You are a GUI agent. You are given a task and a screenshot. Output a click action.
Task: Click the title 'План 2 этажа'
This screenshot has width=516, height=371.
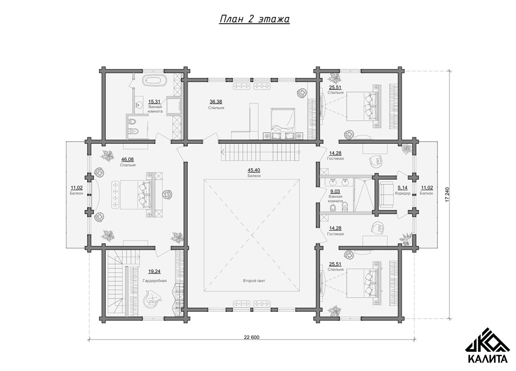click(x=254, y=19)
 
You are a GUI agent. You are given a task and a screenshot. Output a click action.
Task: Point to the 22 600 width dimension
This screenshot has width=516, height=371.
click(x=251, y=337)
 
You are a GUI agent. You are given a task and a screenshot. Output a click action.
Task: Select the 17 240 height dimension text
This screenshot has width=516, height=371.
click(x=447, y=194)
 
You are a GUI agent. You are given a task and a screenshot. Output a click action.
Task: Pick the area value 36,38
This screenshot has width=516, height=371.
click(x=216, y=102)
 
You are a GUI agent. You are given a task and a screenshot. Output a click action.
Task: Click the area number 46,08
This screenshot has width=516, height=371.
click(x=127, y=160)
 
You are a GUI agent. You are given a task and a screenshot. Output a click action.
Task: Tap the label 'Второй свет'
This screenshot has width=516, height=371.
click(x=254, y=281)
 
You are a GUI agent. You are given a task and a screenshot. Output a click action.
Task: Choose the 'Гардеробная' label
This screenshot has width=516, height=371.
click(x=155, y=281)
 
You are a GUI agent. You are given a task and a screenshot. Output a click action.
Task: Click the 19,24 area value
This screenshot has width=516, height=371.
click(x=154, y=272)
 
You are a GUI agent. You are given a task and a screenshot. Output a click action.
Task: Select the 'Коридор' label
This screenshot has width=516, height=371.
click(x=403, y=193)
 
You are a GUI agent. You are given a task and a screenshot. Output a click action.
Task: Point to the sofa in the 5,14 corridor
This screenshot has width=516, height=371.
click(x=386, y=194)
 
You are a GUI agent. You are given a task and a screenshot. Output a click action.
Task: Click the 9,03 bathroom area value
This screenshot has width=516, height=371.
click(x=335, y=191)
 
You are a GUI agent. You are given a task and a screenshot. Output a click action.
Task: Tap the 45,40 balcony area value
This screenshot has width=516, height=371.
click(x=254, y=170)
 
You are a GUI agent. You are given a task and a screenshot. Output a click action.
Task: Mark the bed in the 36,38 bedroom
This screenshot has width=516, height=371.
click(x=283, y=124)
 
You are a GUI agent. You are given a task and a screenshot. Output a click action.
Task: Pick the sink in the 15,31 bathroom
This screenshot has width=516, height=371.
click(x=139, y=105)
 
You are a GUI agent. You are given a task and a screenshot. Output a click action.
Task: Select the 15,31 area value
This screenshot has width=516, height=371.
click(x=154, y=102)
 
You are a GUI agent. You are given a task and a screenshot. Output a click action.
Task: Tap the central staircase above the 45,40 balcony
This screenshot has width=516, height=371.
click(x=260, y=152)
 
